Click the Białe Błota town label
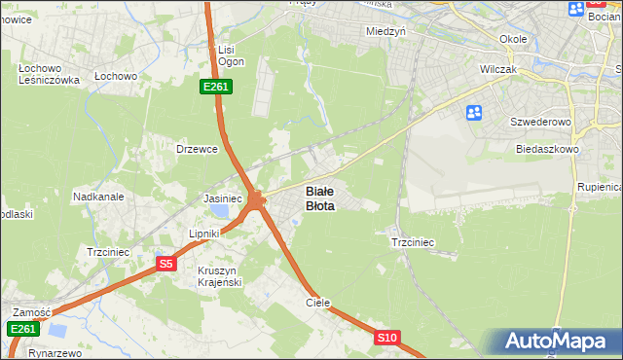(320, 198)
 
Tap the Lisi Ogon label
(231, 55)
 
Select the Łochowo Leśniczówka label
(47, 74)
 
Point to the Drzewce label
(196, 149)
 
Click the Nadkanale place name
(98, 197)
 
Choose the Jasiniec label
(222, 198)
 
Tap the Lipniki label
(206, 234)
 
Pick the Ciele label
(318, 303)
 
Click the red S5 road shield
(165, 263)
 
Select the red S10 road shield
(387, 338)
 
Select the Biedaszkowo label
(547, 150)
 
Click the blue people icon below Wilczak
(474, 113)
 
